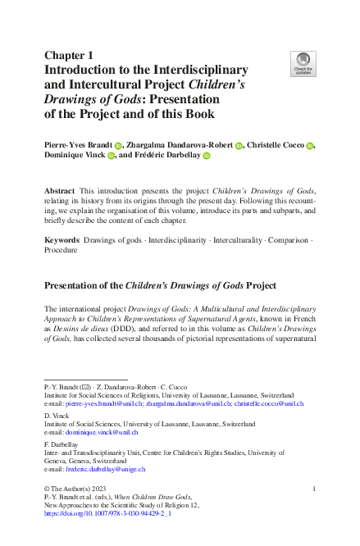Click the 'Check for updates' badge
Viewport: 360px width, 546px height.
coord(303,65)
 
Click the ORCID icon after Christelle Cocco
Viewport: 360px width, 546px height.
coord(311,144)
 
